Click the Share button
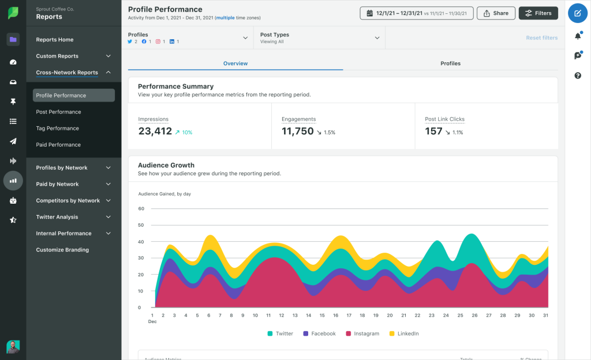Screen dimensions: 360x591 pyautogui.click(x=496, y=13)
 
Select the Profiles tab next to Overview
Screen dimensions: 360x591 pyautogui.click(x=450, y=63)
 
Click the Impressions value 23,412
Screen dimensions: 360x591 pyautogui.click(x=155, y=132)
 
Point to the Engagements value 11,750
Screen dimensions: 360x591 pyautogui.click(x=297, y=132)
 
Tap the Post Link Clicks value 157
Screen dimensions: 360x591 pyautogui.click(x=433, y=132)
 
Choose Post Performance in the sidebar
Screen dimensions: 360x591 pyautogui.click(x=58, y=112)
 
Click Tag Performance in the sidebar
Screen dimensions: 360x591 pyautogui.click(x=57, y=128)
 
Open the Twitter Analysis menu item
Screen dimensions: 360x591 pyautogui.click(x=57, y=217)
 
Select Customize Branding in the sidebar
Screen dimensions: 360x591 pyautogui.click(x=62, y=250)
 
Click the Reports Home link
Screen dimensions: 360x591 pyautogui.click(x=54, y=40)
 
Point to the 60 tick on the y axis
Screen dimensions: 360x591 pyautogui.click(x=141, y=208)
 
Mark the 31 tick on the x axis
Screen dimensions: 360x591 pyautogui.click(x=545, y=316)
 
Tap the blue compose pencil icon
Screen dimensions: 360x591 pyautogui.click(x=578, y=13)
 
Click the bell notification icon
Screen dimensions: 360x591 pyautogui.click(x=578, y=36)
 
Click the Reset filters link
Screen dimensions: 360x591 pyautogui.click(x=541, y=38)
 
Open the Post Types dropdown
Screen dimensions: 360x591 pyautogui.click(x=319, y=38)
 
